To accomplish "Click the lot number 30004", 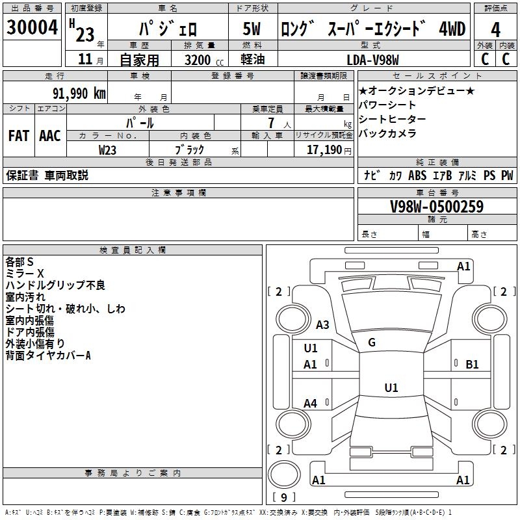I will (32, 28).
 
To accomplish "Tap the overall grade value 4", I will (495, 30).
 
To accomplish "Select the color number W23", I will (108, 149).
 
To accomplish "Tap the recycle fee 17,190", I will (324, 149).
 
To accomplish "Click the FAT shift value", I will (18, 136).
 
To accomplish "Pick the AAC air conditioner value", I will (50, 136).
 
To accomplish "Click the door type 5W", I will (252, 30).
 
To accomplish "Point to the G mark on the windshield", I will (372, 342).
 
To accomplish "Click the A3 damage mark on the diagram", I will (322, 324).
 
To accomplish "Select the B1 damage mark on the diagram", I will (472, 365).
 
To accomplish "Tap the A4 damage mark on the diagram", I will (311, 404).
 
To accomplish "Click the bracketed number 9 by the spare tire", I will (283, 497).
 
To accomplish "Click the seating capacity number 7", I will (271, 122).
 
